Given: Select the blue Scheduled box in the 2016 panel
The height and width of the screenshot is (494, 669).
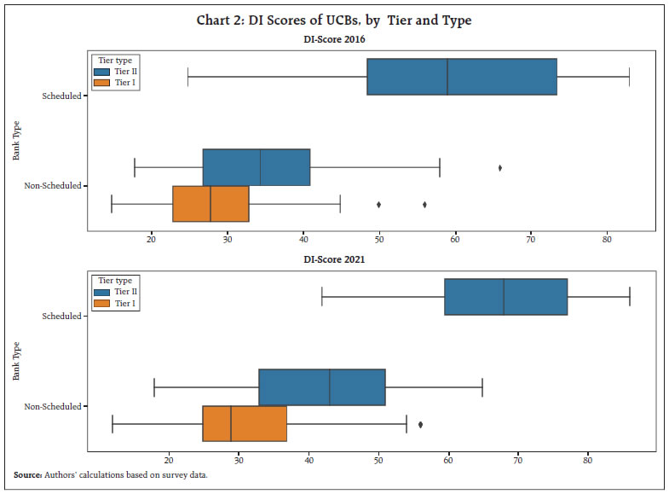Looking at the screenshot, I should (x=461, y=89).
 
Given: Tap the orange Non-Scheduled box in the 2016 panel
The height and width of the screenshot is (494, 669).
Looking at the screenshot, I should (x=211, y=204).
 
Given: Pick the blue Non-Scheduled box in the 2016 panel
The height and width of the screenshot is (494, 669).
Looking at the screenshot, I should (x=256, y=167).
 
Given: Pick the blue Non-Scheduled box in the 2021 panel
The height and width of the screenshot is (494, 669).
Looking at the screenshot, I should (x=322, y=387).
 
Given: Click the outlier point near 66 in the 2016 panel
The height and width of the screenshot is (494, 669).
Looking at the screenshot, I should (x=499, y=168).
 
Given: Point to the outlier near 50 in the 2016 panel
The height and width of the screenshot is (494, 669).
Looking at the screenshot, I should (x=378, y=205).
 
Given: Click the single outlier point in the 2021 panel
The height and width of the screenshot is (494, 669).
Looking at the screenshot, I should (x=420, y=424).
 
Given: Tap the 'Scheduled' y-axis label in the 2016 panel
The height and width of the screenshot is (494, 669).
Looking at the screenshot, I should (x=61, y=96).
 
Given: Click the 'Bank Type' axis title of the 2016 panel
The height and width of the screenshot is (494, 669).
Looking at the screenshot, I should (x=16, y=142).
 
